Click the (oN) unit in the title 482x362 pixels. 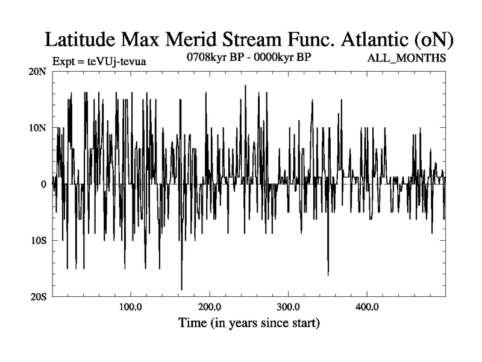(x=433, y=40)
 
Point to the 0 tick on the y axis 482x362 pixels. (x=43, y=184)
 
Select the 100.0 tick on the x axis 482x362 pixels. (x=130, y=306)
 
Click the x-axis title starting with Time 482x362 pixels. (x=249, y=323)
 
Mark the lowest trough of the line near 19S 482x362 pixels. (x=181, y=290)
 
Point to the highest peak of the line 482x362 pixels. (x=245, y=86)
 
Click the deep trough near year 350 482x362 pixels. (x=328, y=275)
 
